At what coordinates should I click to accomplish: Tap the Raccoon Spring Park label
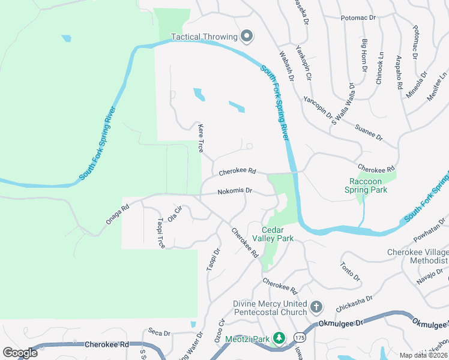[x=366, y=185]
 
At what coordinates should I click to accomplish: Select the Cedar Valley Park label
[x=277, y=234]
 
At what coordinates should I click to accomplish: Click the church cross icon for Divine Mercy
[x=317, y=308]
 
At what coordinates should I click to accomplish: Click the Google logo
[x=20, y=353]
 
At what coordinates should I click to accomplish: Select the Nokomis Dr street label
[x=235, y=191]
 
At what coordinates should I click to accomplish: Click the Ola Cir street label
[x=174, y=214]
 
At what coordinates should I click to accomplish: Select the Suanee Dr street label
[x=369, y=133]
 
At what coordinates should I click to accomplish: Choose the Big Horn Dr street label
[x=364, y=56]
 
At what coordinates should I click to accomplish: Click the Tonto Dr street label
[x=349, y=271]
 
